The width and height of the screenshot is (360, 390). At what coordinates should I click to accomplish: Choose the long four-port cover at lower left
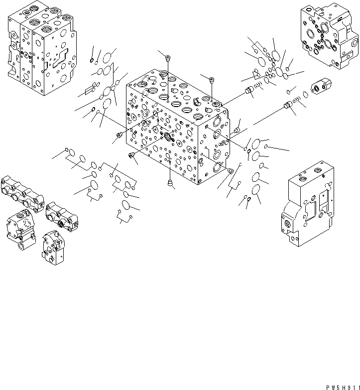22,192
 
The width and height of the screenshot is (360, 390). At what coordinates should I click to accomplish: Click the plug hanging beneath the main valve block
171,184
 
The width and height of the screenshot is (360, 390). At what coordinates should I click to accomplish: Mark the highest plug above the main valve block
167,56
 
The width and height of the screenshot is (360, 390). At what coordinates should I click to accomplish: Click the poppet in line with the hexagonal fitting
286,106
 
